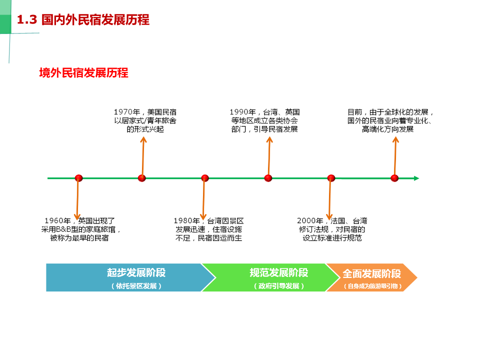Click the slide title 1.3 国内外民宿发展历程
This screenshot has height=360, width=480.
83,20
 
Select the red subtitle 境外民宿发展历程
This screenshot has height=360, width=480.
83,73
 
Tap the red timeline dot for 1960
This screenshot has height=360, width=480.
78,178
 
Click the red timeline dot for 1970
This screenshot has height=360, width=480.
141,178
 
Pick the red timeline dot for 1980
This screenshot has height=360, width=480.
205,178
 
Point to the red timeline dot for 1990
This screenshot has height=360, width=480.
268,178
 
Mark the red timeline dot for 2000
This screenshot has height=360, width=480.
331,178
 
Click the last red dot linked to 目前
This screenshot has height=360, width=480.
394,178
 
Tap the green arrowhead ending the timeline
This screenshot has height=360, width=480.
416,178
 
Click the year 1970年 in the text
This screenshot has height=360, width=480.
127,112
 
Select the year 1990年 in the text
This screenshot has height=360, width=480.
243,112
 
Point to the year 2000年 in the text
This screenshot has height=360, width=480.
310,220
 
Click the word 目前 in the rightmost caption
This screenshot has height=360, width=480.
355,112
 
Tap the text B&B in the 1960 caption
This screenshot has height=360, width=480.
63,229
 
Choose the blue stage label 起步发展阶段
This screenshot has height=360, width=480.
136,272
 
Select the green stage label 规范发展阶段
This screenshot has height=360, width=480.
279,272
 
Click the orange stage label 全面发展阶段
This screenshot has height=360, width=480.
371,273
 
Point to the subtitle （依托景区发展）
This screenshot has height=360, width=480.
136,286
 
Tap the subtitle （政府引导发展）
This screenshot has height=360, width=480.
279,286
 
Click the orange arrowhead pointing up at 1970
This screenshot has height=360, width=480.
143,139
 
